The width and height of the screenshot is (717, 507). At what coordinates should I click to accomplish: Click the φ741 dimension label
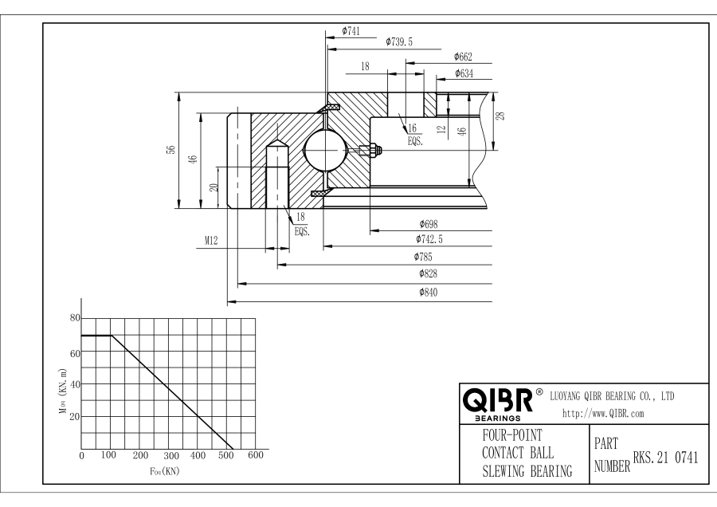(351, 31)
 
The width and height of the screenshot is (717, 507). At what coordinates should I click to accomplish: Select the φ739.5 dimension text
(398, 41)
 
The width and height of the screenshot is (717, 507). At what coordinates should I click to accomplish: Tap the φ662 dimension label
(464, 57)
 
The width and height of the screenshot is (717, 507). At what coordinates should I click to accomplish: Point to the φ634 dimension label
(464, 73)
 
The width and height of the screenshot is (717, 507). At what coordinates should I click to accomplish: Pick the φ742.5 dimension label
(429, 239)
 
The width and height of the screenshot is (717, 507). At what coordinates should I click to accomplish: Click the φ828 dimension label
(429, 273)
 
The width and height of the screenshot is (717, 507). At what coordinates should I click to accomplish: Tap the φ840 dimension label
(429, 293)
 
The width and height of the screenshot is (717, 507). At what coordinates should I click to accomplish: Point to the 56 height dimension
(170, 151)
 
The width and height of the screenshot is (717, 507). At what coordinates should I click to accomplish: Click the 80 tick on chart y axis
(76, 318)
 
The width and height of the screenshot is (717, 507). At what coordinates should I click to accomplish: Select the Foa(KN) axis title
(166, 470)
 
